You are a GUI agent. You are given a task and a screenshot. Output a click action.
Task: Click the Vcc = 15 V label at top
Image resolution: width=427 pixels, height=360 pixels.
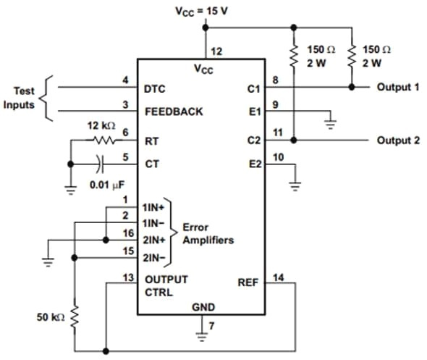click(204, 12)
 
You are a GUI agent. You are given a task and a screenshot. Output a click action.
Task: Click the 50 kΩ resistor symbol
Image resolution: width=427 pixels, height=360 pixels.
click(74, 316)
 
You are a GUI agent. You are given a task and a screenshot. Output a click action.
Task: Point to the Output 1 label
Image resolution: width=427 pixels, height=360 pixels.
click(397, 87)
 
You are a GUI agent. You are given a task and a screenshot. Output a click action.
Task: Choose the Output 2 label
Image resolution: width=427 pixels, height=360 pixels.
click(397, 140)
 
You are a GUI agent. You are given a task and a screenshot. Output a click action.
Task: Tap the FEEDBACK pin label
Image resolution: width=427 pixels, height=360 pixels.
click(174, 112)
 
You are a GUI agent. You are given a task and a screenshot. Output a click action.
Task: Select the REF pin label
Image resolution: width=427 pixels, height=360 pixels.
click(248, 282)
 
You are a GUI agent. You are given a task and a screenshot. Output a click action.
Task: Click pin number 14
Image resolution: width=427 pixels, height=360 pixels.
click(279, 276)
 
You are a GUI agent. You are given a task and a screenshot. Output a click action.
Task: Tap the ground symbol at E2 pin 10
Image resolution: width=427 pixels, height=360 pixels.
click(295, 183)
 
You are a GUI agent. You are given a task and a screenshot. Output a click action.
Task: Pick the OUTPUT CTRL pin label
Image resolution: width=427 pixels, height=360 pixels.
click(166, 285)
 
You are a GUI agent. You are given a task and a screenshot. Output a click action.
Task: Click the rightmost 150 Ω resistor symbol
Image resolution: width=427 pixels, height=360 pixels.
click(352, 55)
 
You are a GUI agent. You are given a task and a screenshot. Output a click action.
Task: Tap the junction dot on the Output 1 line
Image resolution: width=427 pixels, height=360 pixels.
click(352, 87)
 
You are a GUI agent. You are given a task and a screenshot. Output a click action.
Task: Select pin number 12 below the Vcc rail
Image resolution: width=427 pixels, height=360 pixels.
click(216, 51)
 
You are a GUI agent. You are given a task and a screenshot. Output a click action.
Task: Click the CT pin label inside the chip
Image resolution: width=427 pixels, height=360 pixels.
click(152, 164)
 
